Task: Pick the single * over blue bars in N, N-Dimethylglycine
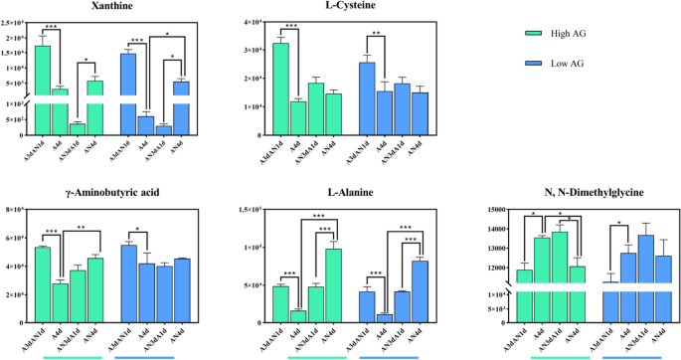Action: (618, 223)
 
